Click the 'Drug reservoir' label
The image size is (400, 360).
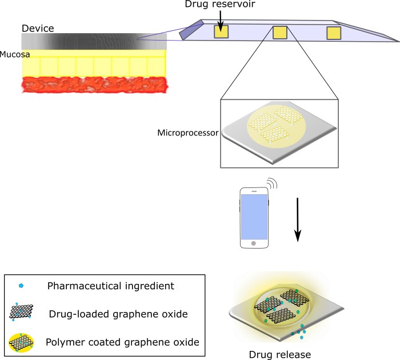(220, 4)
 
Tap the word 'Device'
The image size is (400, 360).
(38, 29)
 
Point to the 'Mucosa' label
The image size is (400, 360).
(15, 54)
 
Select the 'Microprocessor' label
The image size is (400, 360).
(188, 133)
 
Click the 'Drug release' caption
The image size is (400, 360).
(280, 355)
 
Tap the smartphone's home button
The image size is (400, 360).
(254, 243)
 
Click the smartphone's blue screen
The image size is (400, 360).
(254, 217)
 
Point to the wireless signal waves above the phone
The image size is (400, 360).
(272, 183)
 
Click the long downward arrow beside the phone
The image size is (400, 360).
(298, 219)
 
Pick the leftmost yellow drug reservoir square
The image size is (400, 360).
(221, 32)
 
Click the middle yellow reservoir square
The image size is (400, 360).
(280, 33)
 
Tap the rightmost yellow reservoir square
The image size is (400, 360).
(334, 33)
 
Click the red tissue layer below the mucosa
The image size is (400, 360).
(95, 85)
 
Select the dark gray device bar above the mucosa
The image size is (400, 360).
(94, 41)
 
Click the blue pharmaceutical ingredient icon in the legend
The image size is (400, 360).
(21, 286)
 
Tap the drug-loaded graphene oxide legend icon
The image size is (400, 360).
(21, 312)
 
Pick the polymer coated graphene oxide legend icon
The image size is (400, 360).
(21, 343)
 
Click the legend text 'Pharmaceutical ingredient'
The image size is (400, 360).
(111, 286)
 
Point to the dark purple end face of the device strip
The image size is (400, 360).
(191, 30)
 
